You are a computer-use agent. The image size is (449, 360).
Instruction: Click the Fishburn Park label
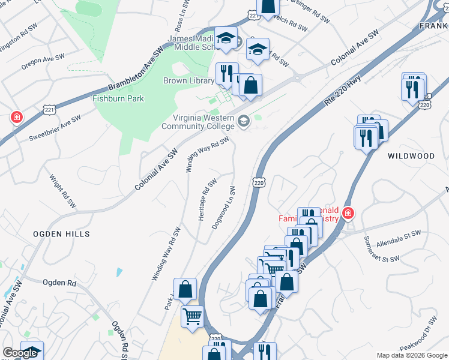(x=118, y=98)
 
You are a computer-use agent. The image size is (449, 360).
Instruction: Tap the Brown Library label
(x=188, y=80)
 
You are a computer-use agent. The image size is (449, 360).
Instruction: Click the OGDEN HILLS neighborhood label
(x=61, y=233)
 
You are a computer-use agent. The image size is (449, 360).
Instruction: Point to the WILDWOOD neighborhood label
(x=411, y=156)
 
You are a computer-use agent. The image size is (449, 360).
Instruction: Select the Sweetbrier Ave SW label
(x=55, y=129)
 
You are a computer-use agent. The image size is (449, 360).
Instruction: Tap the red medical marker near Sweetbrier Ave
(x=17, y=116)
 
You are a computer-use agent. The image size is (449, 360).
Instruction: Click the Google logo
(x=20, y=353)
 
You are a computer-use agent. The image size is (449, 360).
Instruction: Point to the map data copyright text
(x=412, y=355)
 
